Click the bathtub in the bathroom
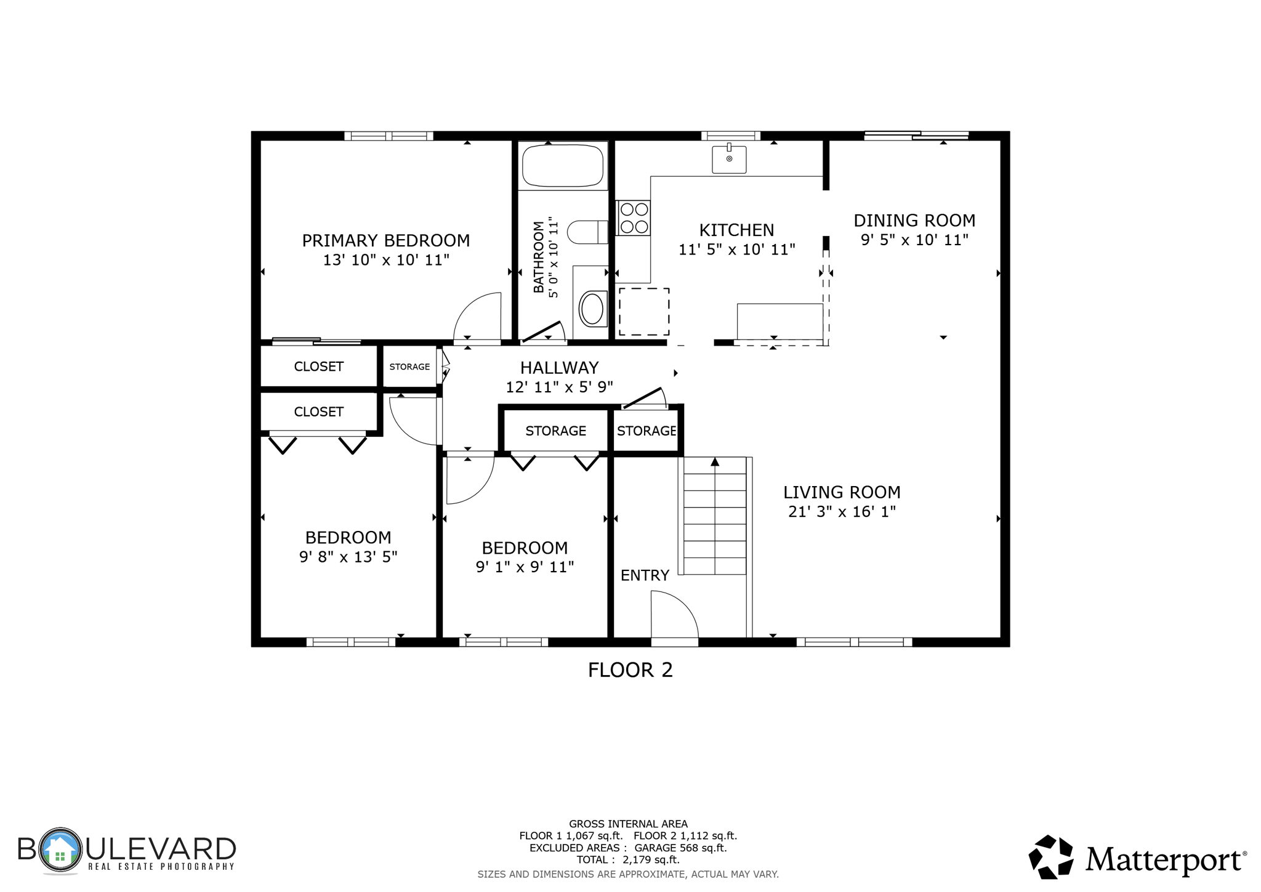562,165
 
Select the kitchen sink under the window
729,159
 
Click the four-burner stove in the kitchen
634,218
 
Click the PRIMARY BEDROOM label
385,240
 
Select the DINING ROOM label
914,221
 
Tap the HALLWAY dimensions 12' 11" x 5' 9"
559,387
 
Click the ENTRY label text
644,575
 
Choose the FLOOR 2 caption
630,670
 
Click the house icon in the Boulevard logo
60,851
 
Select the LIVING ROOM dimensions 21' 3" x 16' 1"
842,511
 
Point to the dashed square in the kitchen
643,312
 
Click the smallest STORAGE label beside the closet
409,367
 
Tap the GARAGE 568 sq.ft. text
680,848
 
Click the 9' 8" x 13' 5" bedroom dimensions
348,557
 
